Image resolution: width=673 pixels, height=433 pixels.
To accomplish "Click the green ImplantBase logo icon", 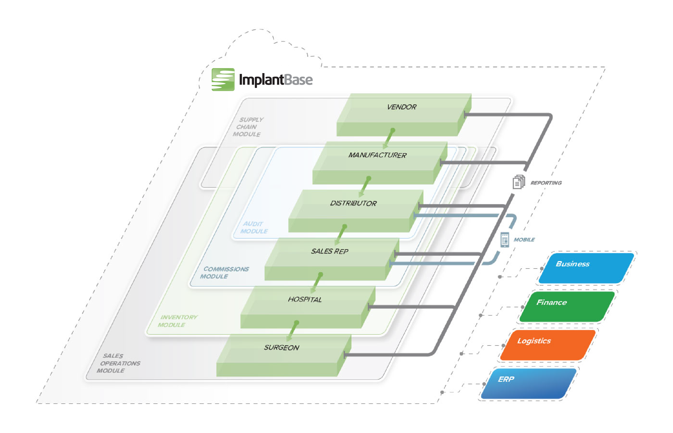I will tap(223, 79).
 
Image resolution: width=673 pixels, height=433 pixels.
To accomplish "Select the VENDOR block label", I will tap(402, 107).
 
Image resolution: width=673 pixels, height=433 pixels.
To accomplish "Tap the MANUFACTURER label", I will tap(377, 155).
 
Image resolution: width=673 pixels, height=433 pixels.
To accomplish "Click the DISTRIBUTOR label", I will tap(353, 203).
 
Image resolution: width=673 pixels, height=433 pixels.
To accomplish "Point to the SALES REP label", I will tap(329, 251).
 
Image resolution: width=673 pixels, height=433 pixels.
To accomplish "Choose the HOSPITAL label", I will tap(305, 300).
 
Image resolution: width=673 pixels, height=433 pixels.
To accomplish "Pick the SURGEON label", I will tap(281, 348).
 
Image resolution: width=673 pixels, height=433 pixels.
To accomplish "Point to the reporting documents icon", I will tap(519, 182).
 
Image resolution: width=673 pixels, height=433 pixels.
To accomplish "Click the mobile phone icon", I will tap(505, 240).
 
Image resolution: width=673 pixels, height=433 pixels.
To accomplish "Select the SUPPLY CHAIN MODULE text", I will tap(248, 127).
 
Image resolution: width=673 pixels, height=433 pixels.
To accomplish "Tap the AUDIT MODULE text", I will tap(254, 228).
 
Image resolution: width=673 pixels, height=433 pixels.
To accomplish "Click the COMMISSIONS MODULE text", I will tap(224, 273).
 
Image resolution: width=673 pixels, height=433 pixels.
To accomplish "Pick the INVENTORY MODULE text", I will tap(177, 321).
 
